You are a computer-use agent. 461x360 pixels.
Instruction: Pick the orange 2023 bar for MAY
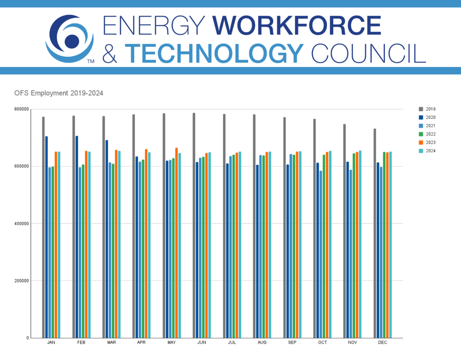point(176,243)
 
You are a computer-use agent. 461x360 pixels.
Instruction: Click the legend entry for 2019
point(427,109)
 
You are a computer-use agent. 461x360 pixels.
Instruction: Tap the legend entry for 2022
point(427,134)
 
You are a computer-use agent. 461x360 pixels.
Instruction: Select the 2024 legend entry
point(427,151)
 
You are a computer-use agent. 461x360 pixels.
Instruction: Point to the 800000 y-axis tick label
point(21,109)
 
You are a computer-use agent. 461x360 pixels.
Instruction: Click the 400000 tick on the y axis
point(21,224)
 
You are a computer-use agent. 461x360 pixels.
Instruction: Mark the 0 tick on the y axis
point(27,338)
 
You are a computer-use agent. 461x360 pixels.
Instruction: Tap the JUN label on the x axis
point(202,343)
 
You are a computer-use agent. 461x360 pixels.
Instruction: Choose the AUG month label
point(262,343)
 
